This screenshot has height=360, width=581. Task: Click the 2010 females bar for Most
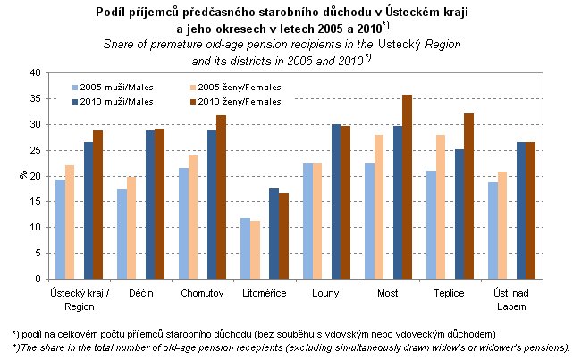(407, 187)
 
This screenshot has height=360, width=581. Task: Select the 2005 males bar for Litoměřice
(245, 248)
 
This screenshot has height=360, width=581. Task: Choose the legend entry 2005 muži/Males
(112, 88)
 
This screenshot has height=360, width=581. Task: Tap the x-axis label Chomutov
(201, 293)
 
